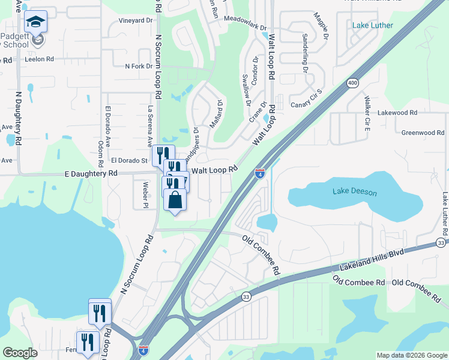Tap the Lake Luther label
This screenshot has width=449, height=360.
[373, 25]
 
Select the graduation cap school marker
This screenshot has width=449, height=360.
[36, 23]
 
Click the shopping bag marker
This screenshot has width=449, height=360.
[175, 200]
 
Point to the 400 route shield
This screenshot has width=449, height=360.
[351, 83]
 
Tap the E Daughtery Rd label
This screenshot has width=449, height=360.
[91, 173]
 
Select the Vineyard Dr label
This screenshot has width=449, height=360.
[136, 20]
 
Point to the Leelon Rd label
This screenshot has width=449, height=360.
[39, 60]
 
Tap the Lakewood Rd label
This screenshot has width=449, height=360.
[397, 112]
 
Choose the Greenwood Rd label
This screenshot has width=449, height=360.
[422, 132]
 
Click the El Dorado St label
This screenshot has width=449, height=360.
[129, 161]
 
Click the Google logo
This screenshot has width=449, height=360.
[20, 353]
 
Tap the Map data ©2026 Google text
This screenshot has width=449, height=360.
[411, 355]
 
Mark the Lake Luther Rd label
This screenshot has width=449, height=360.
[445, 214]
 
